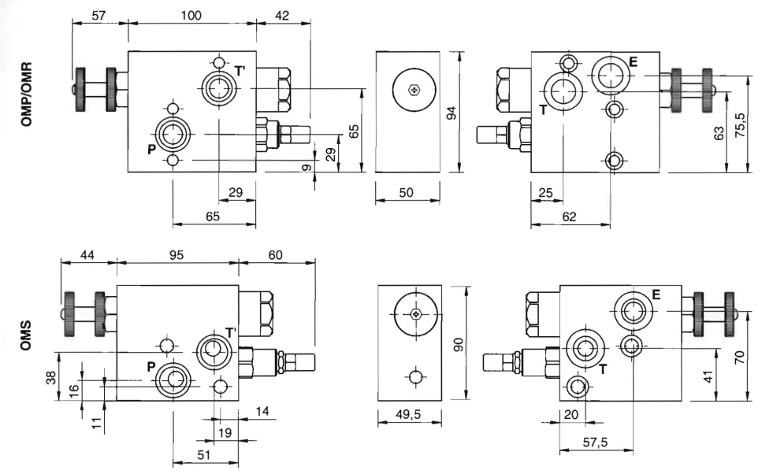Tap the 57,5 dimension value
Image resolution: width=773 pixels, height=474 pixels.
pos(595,443)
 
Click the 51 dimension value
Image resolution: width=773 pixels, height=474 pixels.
pos(205,455)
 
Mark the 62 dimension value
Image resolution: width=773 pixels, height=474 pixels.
pos(570,216)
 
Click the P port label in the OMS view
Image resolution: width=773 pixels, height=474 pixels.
pos(151,365)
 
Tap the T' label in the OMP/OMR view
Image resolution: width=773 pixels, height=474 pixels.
pos(240,72)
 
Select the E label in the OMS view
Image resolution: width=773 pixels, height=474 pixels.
pos(656,295)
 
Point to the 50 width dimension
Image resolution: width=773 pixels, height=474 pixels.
pos(407,193)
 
